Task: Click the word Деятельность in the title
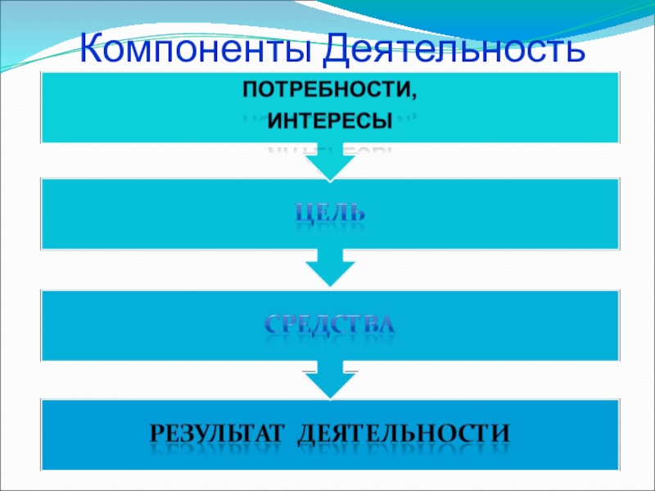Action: (454, 51)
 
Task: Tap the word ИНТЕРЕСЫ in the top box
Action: (330, 123)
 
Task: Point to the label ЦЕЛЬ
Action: (330, 214)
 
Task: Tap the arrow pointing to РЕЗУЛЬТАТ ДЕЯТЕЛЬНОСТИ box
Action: (330, 381)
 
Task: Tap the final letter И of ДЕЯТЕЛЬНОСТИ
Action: (501, 430)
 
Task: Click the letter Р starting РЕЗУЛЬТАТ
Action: (158, 430)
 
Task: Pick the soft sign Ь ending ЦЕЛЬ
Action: (357, 214)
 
